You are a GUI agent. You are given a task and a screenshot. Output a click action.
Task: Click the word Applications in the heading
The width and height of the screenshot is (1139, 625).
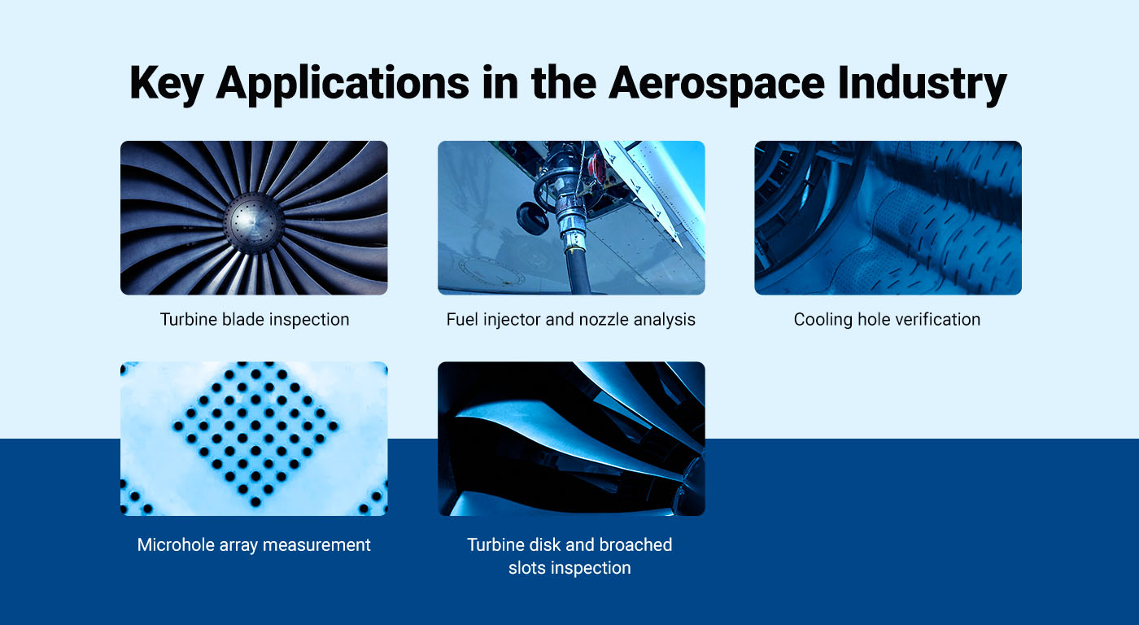click(342, 83)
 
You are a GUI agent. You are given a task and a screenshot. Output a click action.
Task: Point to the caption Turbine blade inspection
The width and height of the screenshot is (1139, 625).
click(254, 319)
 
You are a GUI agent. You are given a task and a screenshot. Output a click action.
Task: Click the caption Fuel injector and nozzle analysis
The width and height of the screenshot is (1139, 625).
click(570, 319)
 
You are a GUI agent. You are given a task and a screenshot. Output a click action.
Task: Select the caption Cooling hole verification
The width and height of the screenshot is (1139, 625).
click(887, 319)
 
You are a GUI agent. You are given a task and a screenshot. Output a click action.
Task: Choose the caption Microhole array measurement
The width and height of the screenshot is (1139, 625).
click(254, 544)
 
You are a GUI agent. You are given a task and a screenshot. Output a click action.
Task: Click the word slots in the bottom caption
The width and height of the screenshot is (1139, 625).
click(529, 568)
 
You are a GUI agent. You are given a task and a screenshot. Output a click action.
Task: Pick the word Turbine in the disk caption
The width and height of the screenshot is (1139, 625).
click(496, 544)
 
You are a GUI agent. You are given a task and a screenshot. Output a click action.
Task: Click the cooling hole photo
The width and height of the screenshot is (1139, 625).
click(888, 217)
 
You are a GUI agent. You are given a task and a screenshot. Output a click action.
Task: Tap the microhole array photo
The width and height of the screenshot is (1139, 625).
click(254, 439)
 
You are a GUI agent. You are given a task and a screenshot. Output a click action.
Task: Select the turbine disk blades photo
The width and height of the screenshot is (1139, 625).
click(570, 439)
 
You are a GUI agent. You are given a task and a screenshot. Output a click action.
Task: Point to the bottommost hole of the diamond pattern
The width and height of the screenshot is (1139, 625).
click(254, 503)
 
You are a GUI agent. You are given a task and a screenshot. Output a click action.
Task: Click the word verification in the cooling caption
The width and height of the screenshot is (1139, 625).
click(932, 319)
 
